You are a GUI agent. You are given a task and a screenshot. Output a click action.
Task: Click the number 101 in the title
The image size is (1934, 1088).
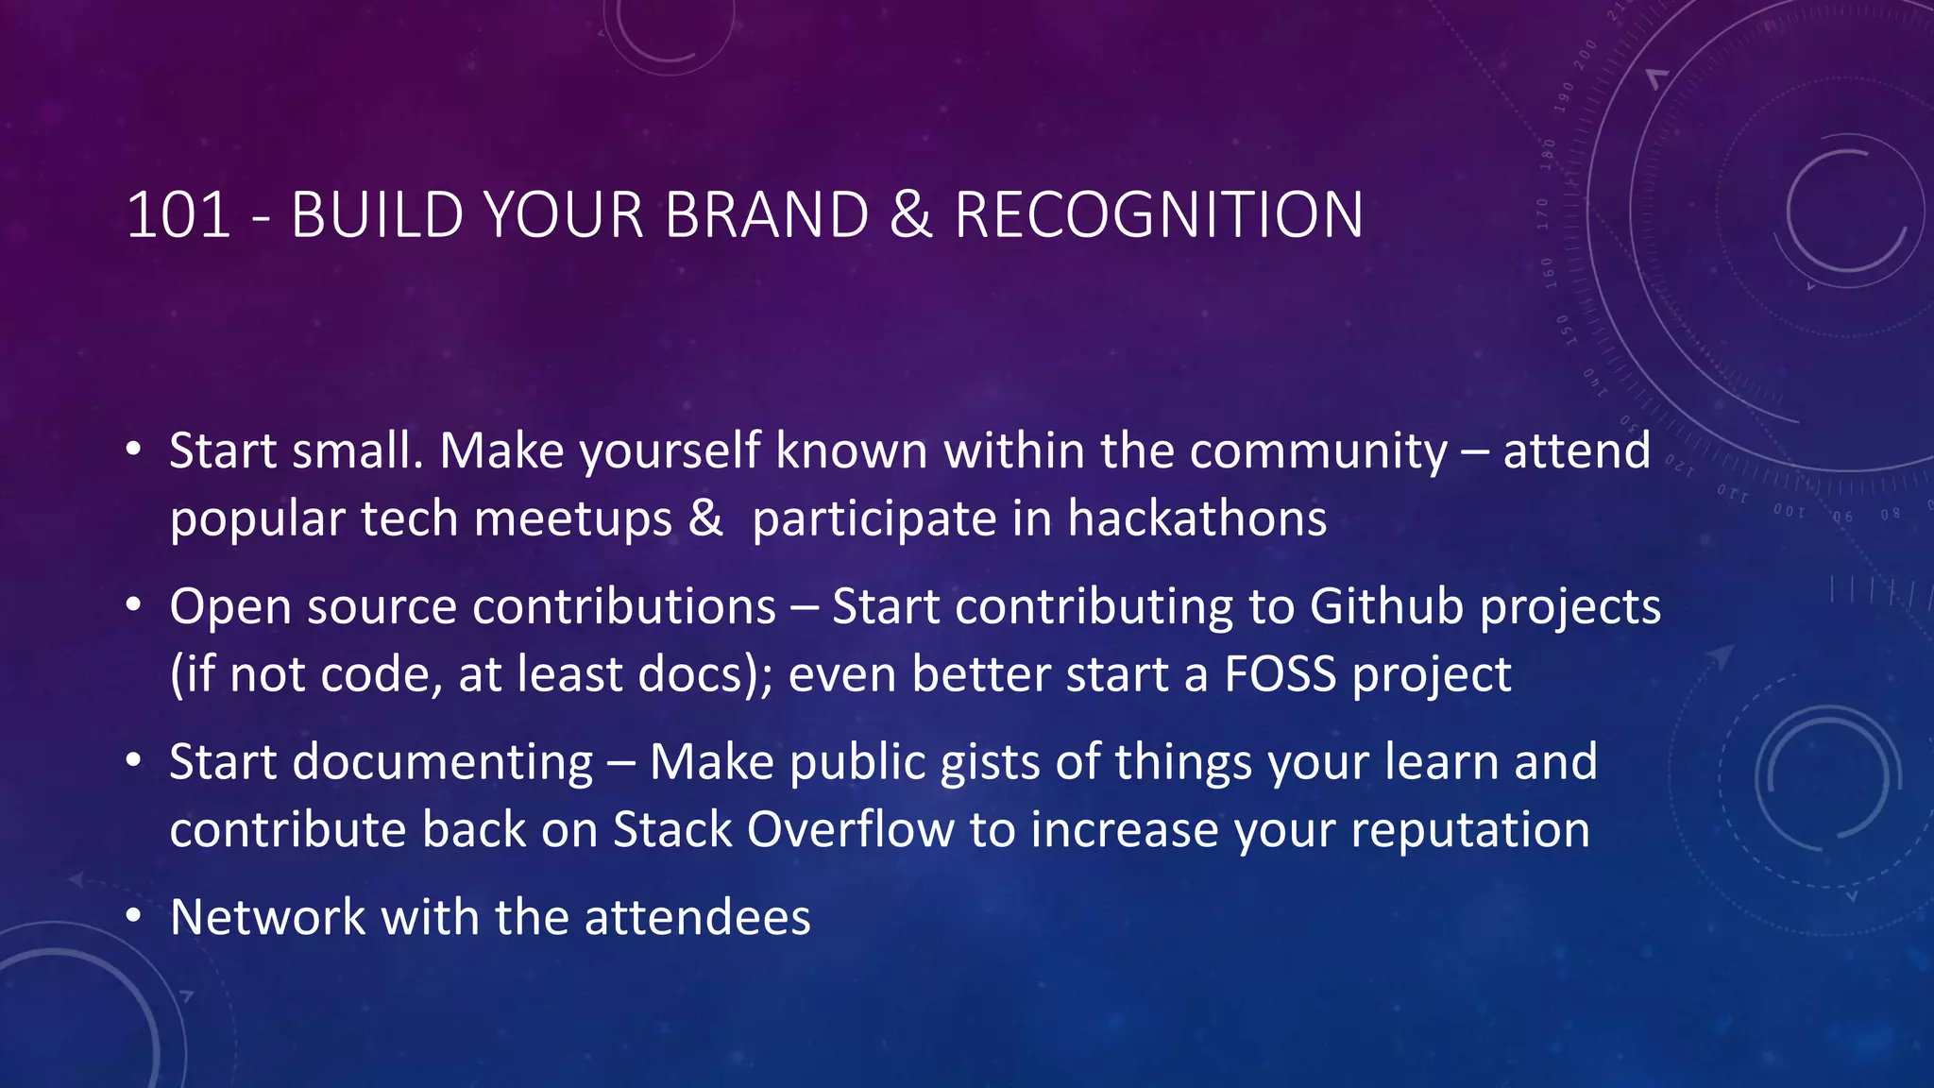(x=178, y=215)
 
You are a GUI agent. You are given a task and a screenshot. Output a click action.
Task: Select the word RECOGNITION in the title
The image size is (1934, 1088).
(x=1159, y=215)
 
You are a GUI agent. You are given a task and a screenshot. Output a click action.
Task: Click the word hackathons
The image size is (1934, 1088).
(x=1196, y=518)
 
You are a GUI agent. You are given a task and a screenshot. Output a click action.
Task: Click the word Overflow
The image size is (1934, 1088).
(x=850, y=829)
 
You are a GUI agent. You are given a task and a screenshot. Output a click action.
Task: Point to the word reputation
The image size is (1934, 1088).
(x=1469, y=829)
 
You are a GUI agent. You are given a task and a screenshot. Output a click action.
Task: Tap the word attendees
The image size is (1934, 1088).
(x=697, y=917)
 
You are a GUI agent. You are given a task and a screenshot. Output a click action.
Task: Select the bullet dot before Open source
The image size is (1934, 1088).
(x=134, y=605)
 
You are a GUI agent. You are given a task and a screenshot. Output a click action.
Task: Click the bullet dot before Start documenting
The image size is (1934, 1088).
(x=134, y=761)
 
